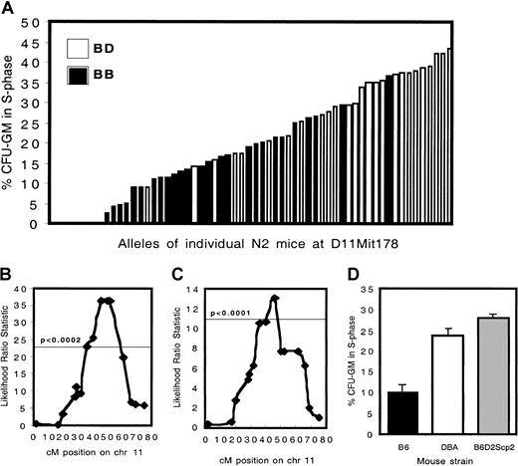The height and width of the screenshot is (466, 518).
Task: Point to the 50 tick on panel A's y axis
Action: point(38,20)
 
